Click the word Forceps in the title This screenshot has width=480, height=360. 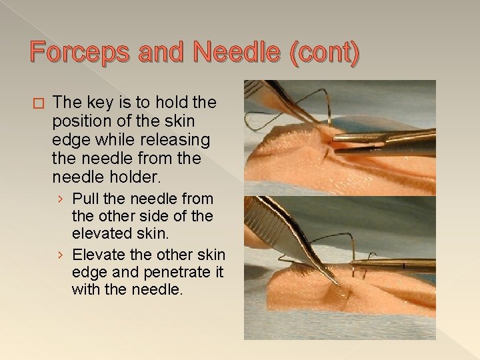coord(80,52)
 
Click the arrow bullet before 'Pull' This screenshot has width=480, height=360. coord(61,199)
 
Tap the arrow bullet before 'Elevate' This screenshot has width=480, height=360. coord(61,255)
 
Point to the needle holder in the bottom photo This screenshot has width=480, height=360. coord(400,265)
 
